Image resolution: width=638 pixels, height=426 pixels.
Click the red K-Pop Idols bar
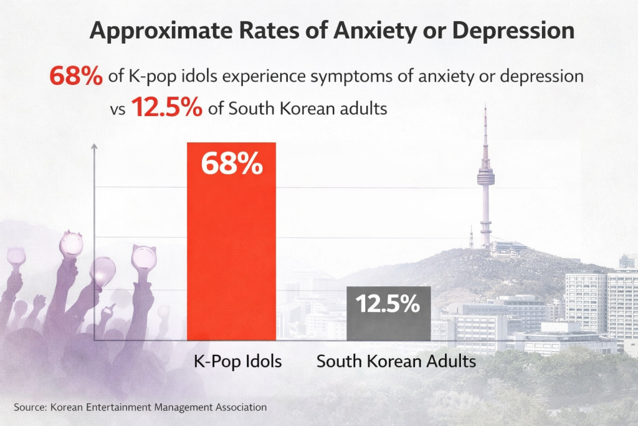pos(231,249)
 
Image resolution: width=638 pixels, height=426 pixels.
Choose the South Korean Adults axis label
pos(396,361)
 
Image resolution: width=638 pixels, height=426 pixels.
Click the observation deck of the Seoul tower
pos(486,178)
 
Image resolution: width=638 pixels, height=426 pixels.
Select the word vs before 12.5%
pos(118,109)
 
